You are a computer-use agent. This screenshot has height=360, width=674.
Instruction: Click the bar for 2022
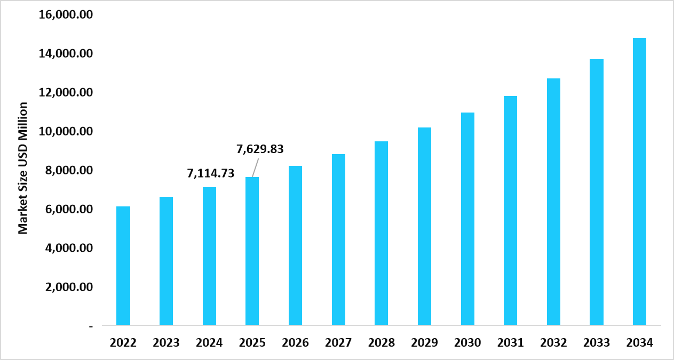coord(123,266)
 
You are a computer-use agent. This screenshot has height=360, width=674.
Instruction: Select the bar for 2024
coord(209,256)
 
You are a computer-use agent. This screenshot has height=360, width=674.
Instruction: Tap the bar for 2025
coord(252,251)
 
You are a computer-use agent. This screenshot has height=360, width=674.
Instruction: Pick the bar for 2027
coord(338,239)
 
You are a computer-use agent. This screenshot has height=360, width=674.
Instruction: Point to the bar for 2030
coord(467,219)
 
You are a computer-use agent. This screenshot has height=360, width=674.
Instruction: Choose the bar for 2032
coord(553,202)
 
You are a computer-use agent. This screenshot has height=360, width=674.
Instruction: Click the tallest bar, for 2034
coord(639,181)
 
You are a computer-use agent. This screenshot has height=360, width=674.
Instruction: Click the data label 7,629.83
coord(260,149)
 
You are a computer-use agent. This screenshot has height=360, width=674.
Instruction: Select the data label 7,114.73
coord(211,173)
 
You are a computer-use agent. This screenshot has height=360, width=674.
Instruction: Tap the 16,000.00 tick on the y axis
coord(66,14)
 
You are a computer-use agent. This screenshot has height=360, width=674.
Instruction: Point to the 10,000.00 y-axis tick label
coord(66,131)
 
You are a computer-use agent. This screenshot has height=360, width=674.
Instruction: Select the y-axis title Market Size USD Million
coord(23,168)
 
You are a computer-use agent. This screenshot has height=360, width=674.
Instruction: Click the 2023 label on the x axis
coord(166,343)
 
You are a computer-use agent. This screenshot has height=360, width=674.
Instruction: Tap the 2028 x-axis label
coord(381,343)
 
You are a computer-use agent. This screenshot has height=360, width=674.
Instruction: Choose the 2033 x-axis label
coord(597,343)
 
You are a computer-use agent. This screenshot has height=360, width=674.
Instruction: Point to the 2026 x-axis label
coord(295,343)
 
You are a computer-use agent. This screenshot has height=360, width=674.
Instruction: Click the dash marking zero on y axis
coord(91,326)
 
